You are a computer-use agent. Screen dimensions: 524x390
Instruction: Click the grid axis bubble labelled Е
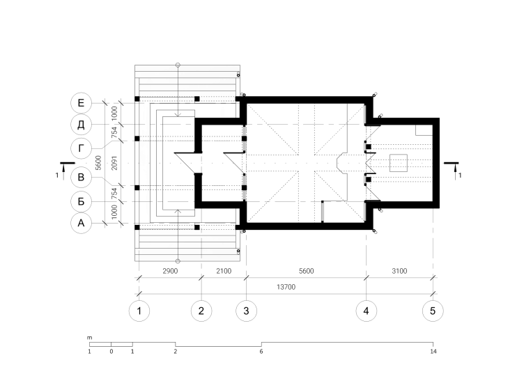(x=81, y=103)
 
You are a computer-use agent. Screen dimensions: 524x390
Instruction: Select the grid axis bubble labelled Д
(x=81, y=125)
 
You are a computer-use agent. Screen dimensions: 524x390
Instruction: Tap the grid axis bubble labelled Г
(x=81, y=148)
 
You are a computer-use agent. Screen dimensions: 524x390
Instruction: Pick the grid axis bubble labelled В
(x=81, y=177)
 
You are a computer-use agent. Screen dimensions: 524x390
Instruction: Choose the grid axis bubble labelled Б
(x=81, y=202)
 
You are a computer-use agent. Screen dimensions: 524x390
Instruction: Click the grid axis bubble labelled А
(x=81, y=223)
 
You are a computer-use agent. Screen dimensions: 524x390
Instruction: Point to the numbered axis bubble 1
(x=139, y=311)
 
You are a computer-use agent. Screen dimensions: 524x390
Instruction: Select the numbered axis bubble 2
(x=201, y=311)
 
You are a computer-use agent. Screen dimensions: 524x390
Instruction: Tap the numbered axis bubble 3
(x=246, y=311)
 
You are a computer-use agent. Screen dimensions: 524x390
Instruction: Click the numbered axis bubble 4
(x=367, y=311)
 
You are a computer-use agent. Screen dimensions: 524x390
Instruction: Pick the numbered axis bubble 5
(x=433, y=311)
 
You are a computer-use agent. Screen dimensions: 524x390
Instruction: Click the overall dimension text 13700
(x=286, y=287)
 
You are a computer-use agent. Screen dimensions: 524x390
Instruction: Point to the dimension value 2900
(x=170, y=271)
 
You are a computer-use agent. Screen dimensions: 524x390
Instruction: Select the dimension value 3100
(x=399, y=271)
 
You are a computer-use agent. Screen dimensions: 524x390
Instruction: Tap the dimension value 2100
(x=224, y=271)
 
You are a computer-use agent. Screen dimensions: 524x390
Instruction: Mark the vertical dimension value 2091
(x=114, y=163)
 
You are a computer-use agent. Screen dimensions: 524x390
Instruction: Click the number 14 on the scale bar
(x=433, y=351)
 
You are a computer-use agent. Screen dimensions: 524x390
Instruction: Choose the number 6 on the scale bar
(x=261, y=351)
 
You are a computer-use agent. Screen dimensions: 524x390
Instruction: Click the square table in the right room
(x=399, y=163)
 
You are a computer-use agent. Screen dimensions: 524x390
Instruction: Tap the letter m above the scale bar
(x=90, y=338)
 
